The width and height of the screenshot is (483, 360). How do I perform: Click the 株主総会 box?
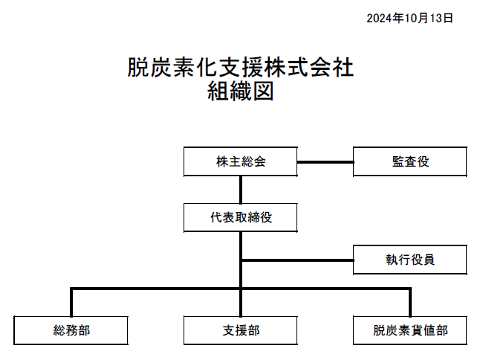pyautogui.click(x=241, y=161)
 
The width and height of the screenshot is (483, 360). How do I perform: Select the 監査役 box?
pyautogui.click(x=410, y=161)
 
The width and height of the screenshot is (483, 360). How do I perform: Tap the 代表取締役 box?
pyautogui.click(x=241, y=218)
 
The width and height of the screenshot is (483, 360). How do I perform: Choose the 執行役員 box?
pyautogui.click(x=410, y=260)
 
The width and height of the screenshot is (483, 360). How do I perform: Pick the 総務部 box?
pyautogui.click(x=71, y=330)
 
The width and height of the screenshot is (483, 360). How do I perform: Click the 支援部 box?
pyautogui.click(x=241, y=330)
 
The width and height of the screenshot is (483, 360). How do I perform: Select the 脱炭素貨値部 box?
pyautogui.click(x=410, y=330)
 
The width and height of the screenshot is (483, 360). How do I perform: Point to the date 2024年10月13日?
pyautogui.click(x=409, y=18)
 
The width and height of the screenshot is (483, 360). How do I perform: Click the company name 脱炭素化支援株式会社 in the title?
pyautogui.click(x=241, y=67)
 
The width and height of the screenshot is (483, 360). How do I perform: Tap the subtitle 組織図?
pyautogui.click(x=241, y=91)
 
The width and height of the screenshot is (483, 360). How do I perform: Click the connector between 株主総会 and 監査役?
pyautogui.click(x=325, y=162)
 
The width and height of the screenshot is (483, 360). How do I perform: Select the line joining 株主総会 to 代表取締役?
pyautogui.click(x=241, y=190)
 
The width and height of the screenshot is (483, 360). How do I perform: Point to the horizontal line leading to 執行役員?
pyautogui.click(x=297, y=260)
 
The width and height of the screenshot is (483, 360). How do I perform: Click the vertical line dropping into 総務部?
pyautogui.click(x=71, y=303)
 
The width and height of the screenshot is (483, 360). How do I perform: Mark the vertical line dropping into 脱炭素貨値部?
pyautogui.click(x=410, y=303)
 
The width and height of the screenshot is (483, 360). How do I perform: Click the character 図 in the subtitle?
pyautogui.click(x=263, y=91)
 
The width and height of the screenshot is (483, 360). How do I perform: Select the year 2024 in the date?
pyautogui.click(x=379, y=19)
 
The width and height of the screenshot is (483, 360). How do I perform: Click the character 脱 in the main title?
pyautogui.click(x=138, y=67)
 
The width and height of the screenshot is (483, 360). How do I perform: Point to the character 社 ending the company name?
pyautogui.click(x=343, y=67)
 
